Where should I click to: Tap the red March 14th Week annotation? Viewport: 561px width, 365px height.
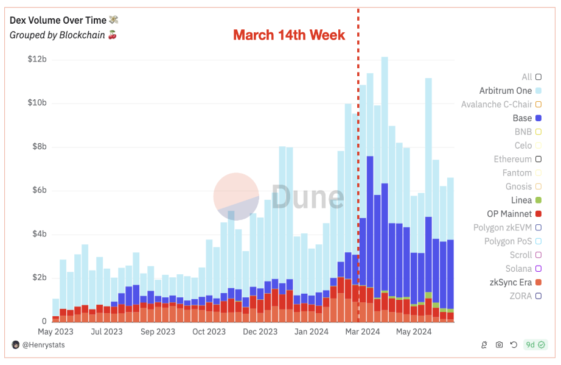[x=289, y=35]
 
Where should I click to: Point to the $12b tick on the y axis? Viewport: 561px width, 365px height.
[x=37, y=60]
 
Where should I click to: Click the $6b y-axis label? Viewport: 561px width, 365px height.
[x=37, y=191]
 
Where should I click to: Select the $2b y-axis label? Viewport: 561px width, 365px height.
[x=37, y=278]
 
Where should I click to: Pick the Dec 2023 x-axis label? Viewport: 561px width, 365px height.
[x=260, y=331]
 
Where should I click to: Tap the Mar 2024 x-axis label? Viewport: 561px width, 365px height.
[x=363, y=331]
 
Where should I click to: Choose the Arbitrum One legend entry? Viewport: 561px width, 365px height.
[x=506, y=91]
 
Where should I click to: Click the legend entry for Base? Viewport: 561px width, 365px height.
[x=523, y=118]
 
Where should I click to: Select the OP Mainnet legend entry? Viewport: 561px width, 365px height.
[x=509, y=214]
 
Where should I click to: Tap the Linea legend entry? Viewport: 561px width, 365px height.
[x=521, y=200]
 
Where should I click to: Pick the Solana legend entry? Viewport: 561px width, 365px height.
[x=518, y=269]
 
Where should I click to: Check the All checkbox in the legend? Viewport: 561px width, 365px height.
[x=538, y=77]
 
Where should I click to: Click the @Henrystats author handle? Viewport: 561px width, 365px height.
[x=43, y=345]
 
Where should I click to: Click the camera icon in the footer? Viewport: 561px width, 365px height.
[x=499, y=345]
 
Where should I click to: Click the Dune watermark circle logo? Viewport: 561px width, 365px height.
[x=236, y=196]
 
